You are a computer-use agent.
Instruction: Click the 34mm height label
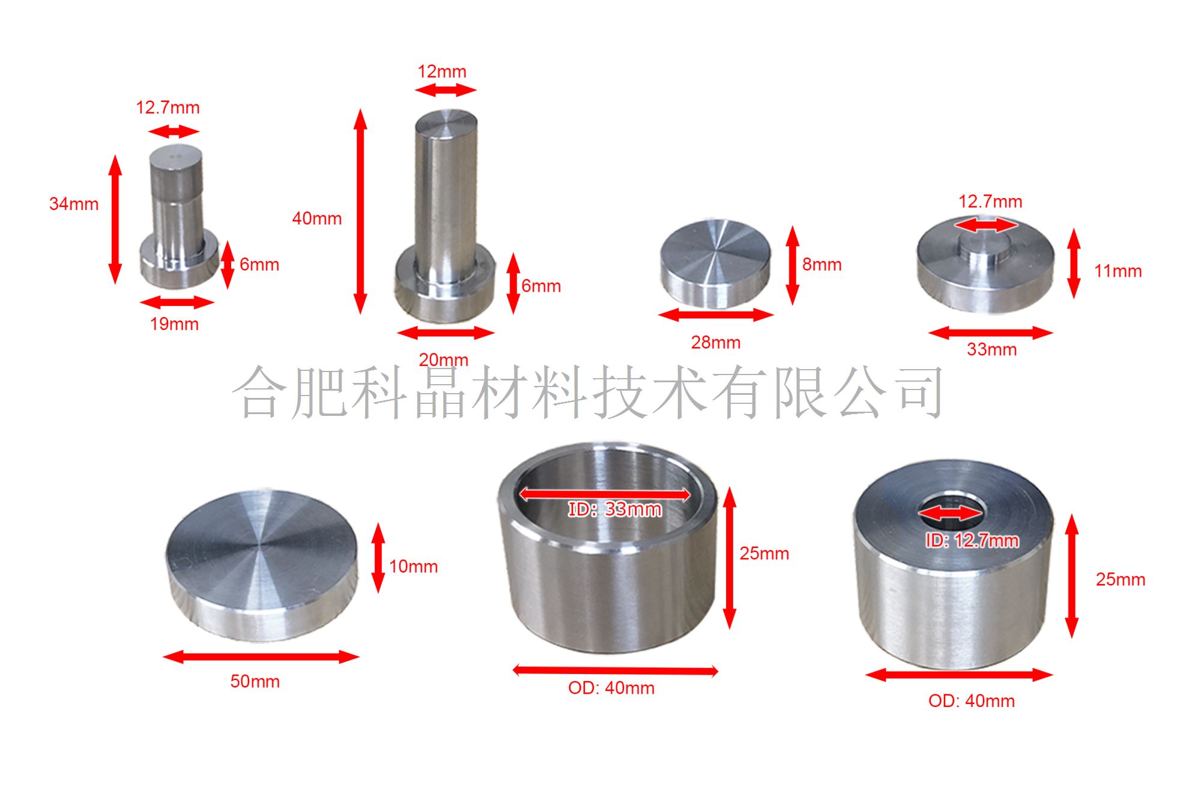coord(74,204)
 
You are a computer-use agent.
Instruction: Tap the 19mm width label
coord(174,324)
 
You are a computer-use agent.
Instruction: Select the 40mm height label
coord(317,218)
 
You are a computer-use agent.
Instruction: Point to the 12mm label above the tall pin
coord(442,71)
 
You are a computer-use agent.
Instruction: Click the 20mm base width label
coord(443,359)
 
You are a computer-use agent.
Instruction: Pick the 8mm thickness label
coord(822,265)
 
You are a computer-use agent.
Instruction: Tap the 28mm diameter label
coord(716,343)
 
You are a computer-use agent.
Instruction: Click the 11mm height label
coord(1118,271)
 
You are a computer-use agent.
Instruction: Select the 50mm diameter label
coord(255,682)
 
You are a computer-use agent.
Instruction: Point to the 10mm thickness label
coord(414,567)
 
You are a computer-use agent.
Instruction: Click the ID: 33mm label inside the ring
coord(615,510)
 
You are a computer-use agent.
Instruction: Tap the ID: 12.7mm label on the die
coord(972,541)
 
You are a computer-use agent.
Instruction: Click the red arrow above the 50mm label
coord(261,657)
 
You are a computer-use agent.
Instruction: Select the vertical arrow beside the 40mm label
coord(360,211)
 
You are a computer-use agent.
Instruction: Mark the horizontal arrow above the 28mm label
coord(716,314)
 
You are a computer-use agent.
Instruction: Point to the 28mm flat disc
coord(715,263)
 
